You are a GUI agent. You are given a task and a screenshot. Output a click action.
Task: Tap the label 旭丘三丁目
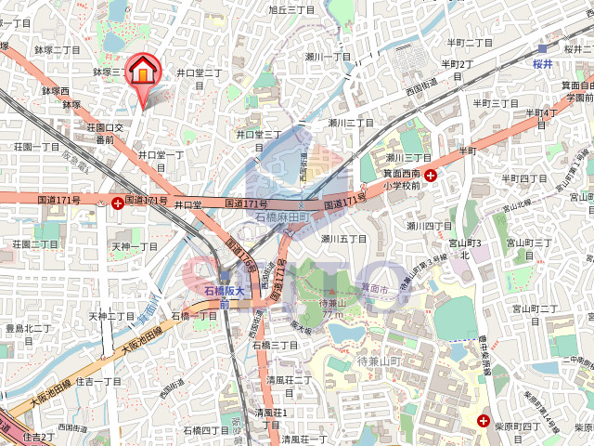coord(292,11)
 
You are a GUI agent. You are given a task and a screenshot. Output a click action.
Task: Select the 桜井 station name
coord(543,65)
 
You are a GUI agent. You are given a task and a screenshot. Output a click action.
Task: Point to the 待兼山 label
coord(332,303)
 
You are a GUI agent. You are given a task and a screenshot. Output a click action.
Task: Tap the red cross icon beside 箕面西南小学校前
coord(432,174)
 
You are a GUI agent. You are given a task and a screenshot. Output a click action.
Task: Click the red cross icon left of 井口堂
coord(117,202)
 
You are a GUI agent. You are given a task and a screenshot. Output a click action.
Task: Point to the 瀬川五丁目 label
coord(344,239)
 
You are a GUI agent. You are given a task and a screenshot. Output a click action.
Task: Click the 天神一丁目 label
coord(136,246)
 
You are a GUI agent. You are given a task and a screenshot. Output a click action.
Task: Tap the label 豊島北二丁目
coord(28,328)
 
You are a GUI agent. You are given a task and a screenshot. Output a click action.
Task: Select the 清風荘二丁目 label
coord(289,380)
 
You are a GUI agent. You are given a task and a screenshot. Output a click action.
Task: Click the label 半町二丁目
coord(470,43)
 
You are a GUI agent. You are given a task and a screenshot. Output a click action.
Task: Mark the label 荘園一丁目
coord(37,146)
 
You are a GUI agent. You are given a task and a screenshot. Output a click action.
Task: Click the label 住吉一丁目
coord(98,381)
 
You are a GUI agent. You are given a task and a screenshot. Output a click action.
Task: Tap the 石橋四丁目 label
coord(205,430)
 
